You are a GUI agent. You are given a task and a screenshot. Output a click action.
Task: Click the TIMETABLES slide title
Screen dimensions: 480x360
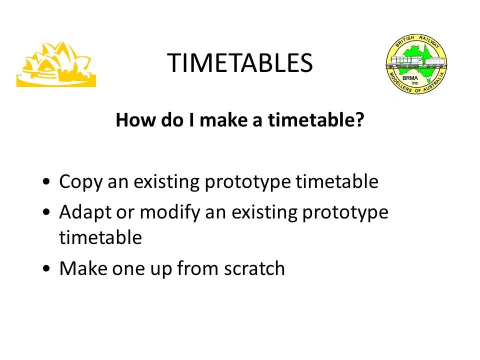click(x=240, y=63)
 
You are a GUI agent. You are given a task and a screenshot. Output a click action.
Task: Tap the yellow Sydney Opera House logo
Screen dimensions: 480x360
click(x=56, y=64)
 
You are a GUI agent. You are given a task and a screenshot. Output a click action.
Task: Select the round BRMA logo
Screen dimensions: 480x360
click(x=416, y=63)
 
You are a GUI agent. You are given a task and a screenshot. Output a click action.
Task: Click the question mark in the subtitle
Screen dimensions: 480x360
click(x=359, y=119)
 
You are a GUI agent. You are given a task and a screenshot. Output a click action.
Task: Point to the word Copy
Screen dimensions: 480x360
click(x=80, y=182)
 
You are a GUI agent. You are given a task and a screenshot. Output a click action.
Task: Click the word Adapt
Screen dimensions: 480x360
click(x=85, y=212)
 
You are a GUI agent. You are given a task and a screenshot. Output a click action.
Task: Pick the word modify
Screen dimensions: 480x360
click(x=169, y=212)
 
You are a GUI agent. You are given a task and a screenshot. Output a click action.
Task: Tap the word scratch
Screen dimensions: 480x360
click(x=254, y=268)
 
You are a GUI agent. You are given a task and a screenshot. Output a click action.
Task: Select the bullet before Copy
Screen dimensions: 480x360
click(x=46, y=181)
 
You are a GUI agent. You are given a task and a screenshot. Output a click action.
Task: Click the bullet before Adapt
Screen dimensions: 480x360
click(x=46, y=211)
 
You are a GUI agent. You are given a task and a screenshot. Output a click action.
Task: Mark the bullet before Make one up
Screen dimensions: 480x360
click(x=46, y=268)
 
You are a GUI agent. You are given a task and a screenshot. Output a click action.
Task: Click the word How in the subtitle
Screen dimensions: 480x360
click(x=136, y=119)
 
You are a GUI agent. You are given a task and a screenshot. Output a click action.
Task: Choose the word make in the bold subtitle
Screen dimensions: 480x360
click(x=224, y=119)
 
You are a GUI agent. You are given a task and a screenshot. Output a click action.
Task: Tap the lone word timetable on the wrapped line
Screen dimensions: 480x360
click(x=100, y=237)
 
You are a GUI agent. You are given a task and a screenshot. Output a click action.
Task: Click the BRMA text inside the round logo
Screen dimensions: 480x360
click(x=410, y=78)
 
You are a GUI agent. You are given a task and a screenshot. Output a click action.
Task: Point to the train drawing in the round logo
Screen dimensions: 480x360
click(x=416, y=62)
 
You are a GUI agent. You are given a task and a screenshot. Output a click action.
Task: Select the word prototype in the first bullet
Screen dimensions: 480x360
click(x=247, y=182)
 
